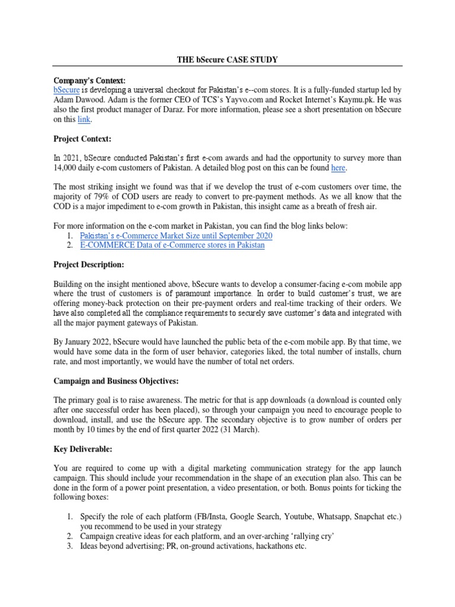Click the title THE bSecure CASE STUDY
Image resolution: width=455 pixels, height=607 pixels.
(227, 59)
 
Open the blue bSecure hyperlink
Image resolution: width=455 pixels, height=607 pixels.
(66, 90)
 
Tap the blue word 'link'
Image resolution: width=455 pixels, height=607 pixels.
(83, 119)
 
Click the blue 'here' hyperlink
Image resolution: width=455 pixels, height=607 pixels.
(338, 168)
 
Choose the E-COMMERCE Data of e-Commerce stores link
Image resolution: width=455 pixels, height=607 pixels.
(172, 245)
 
